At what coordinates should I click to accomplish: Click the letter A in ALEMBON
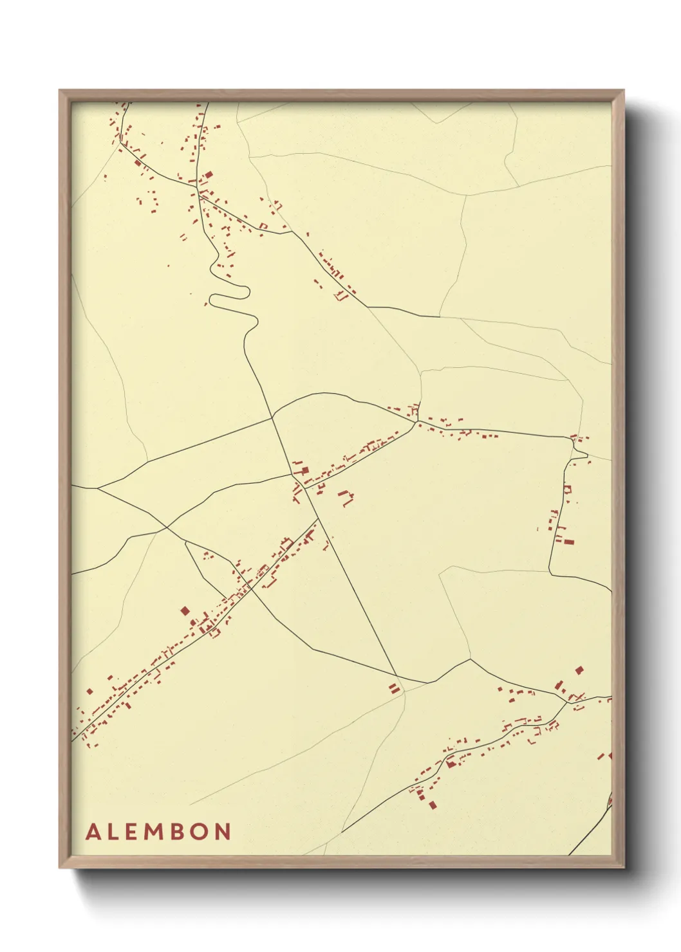pyautogui.click(x=93, y=832)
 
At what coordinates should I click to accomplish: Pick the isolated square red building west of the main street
pyautogui.click(x=185, y=610)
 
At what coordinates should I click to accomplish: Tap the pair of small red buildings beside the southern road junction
pyautogui.click(x=394, y=688)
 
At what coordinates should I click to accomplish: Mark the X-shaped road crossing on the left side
pyautogui.click(x=167, y=527)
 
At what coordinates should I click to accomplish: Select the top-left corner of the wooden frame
pyautogui.click(x=60, y=91)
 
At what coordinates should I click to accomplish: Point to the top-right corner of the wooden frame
pyautogui.click(x=623, y=91)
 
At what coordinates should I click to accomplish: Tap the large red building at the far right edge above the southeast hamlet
pyautogui.click(x=579, y=670)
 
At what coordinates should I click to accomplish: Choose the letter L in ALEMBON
pyautogui.click(x=111, y=832)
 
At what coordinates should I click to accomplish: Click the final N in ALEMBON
pyautogui.click(x=223, y=832)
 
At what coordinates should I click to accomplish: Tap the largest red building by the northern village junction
pyautogui.click(x=207, y=176)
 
